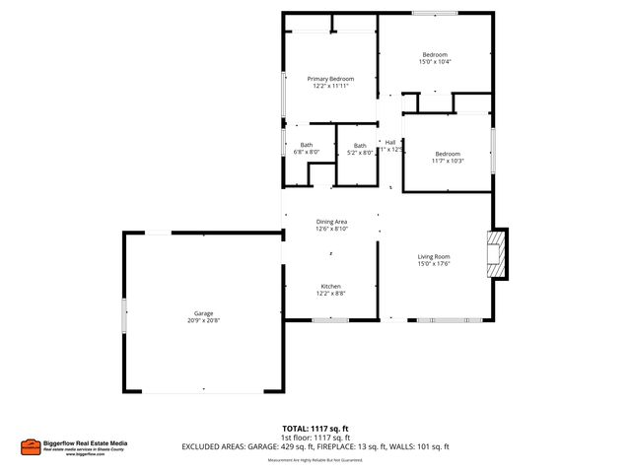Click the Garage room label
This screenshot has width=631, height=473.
pos(204,312)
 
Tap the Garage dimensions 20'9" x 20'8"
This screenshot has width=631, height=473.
pos(204,320)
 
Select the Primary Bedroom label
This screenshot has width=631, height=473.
pos(330,79)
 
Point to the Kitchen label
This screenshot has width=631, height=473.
pos(330,286)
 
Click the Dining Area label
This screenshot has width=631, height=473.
pos(331,222)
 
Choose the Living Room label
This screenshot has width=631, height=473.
pos(435,256)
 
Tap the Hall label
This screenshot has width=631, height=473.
pos(390,142)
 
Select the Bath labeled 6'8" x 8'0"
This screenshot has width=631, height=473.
pos(307,146)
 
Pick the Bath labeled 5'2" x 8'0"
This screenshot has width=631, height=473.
pos(360,146)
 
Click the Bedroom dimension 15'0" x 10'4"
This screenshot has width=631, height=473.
pos(435,62)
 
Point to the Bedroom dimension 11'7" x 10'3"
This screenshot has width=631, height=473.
pos(448,161)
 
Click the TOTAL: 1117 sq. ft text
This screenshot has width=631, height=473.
pos(315,429)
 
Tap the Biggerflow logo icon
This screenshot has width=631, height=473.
pos(30,445)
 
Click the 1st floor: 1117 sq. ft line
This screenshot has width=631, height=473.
pos(315,438)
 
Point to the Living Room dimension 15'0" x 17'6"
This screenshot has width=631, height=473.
pos(435,264)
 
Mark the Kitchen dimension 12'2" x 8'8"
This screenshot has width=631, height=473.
pos(330,294)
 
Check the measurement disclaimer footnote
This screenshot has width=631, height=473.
pos(315,459)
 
